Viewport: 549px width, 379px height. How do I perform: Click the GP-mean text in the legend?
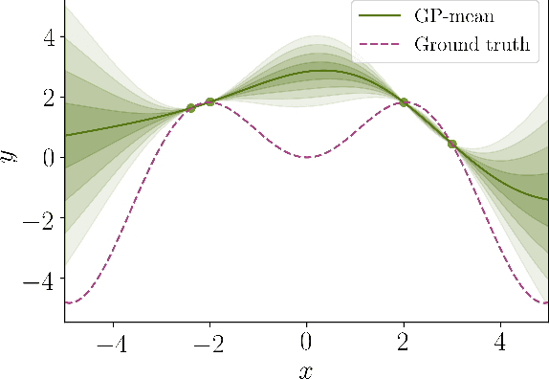pos(455,16)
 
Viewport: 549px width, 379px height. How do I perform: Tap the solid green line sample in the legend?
pos(376,16)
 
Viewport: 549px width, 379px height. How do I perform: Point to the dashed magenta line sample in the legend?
pos(376,44)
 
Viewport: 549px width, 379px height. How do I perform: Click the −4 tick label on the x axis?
pos(111,342)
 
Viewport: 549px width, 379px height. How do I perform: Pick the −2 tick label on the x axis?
pos(208,342)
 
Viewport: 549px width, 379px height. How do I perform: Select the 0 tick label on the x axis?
pos(306,342)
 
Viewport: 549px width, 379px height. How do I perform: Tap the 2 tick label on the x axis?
pos(403,342)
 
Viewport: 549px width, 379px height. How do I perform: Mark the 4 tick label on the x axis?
pos(500,342)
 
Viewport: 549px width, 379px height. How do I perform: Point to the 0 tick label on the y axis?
pos(48,157)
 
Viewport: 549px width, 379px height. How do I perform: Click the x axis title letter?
pos(306,368)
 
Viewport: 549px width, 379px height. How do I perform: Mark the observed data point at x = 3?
pos(451,144)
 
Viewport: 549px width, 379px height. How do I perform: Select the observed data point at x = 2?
pos(404,102)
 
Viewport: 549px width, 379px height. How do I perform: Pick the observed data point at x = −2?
pos(209,101)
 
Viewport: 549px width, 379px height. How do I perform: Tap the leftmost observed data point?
pos(190,107)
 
